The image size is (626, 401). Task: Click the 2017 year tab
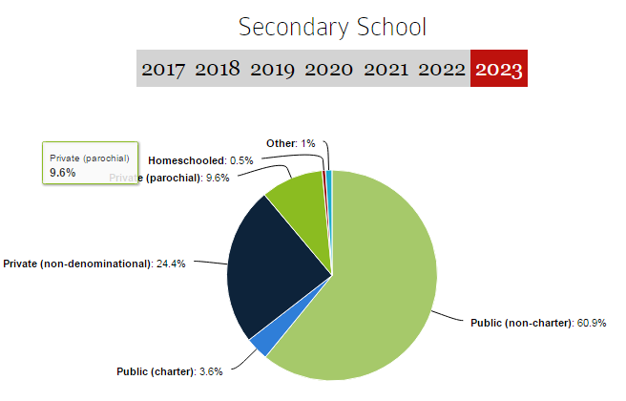pos(164,69)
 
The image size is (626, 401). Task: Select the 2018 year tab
pos(219,69)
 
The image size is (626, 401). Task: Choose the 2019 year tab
pos(273,69)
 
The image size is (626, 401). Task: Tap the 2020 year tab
pos(328,69)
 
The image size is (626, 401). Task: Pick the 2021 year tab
pos(385,69)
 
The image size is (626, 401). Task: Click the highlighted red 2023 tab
pos(498,69)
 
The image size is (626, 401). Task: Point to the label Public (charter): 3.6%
pos(170,371)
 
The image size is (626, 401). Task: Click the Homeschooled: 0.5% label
pos(200,160)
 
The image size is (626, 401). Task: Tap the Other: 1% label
pos(290,143)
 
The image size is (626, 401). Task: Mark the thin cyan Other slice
pos(329,176)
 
